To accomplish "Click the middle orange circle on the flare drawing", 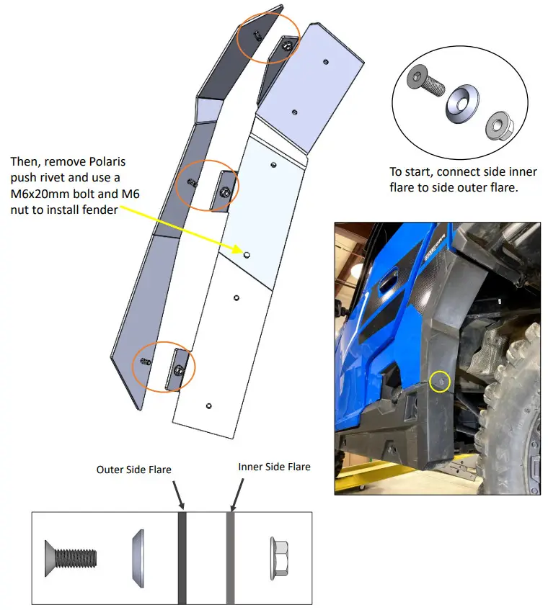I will tap(208, 184).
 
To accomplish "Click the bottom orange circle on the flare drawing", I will tap(164, 367).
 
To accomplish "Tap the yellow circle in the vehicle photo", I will tap(439, 382).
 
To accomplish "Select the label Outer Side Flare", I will tap(133, 470).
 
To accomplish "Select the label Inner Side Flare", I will tap(274, 467).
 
